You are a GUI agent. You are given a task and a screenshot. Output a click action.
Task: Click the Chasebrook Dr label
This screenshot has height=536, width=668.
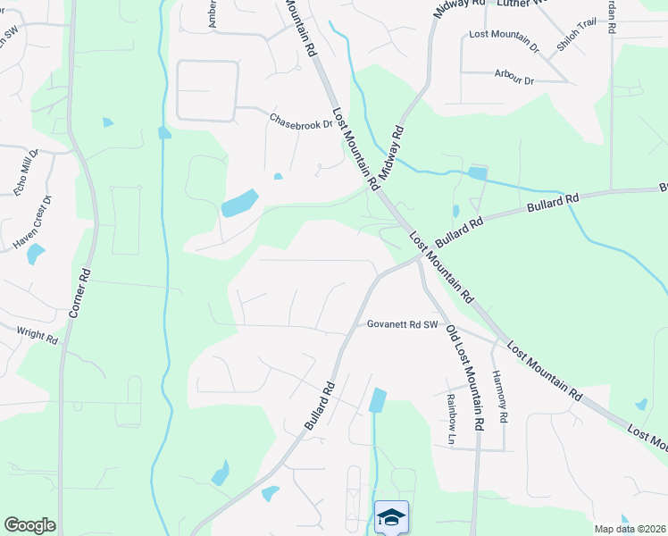pos(300,121)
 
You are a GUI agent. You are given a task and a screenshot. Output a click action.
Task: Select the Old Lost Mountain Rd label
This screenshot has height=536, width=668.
pos(464,376)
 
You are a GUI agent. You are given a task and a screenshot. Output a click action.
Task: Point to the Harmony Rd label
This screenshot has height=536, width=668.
pos(500,397)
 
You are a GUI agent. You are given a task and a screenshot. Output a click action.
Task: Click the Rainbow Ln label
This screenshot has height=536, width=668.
pos(451,420)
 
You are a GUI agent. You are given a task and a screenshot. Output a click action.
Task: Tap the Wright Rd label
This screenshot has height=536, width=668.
pos(38,335)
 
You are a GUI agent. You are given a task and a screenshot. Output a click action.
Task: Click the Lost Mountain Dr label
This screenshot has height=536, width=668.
pos(505,38)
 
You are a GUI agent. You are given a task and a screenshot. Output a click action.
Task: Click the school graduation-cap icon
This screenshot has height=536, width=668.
pos(391,517)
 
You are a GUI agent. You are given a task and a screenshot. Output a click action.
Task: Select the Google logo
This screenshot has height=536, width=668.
pos(29,525)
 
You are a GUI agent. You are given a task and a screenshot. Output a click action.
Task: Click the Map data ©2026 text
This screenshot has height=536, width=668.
pos(630,529)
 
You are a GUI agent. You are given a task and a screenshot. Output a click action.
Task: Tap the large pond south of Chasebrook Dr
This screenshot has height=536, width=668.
pos(239,204)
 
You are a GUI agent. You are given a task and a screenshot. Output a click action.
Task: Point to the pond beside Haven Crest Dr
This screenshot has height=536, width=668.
pos(36,254)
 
